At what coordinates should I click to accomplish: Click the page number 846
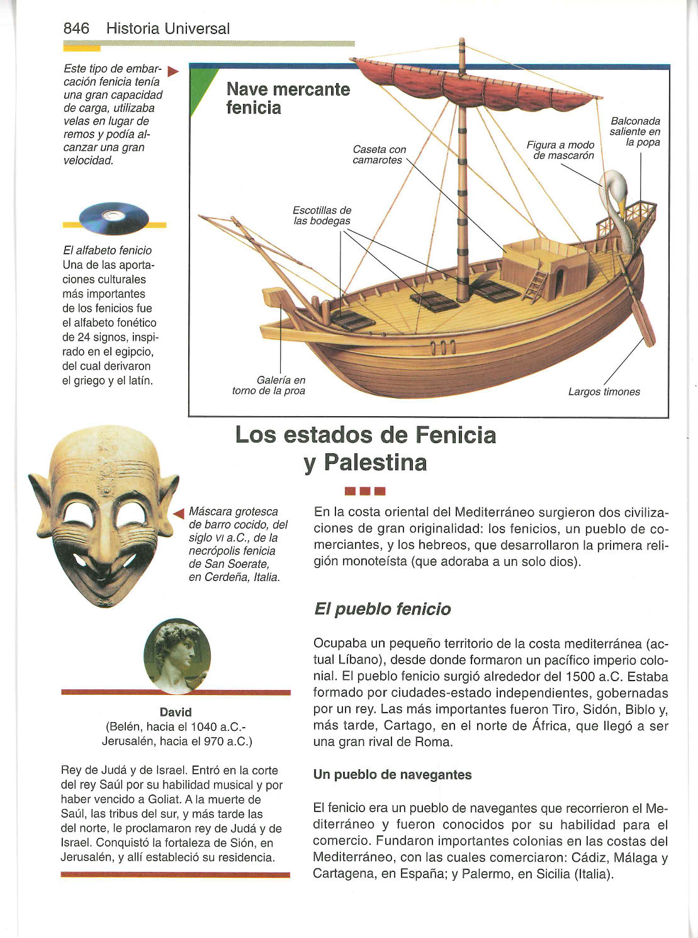point(76,28)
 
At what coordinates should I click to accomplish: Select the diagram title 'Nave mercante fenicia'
point(288,98)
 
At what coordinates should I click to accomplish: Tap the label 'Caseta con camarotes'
point(379,155)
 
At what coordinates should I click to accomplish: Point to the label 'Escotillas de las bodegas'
point(322,215)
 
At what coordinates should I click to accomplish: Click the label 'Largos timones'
point(604,392)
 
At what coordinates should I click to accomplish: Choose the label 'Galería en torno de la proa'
point(269,385)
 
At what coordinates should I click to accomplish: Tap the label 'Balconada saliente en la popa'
point(635,132)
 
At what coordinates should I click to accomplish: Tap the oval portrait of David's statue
point(177,655)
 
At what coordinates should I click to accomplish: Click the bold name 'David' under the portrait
point(176,712)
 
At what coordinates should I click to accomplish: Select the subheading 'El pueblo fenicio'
point(382,609)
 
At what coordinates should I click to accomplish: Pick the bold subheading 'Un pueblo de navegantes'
point(392,774)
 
